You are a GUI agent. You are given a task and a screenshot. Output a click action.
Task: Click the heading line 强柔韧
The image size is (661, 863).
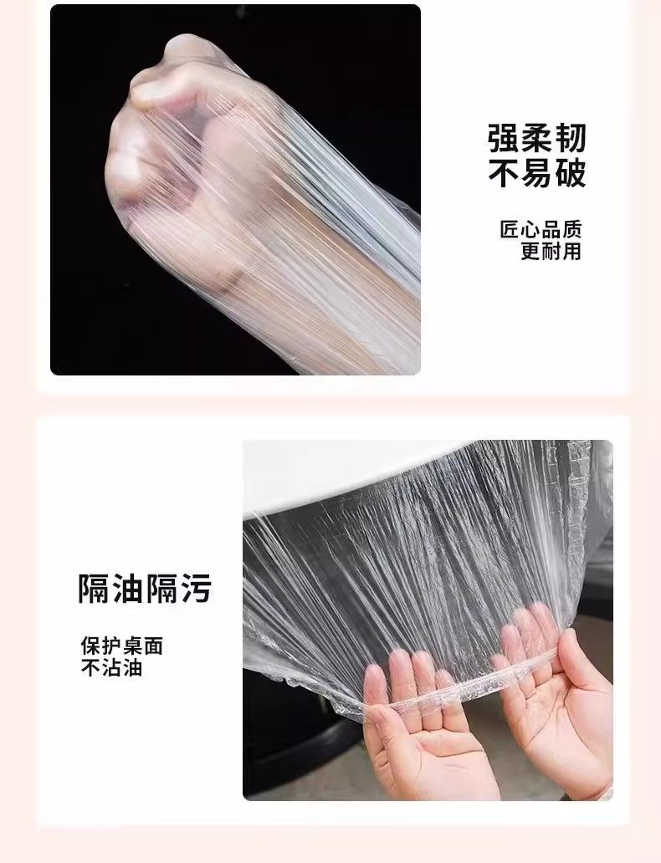(x=536, y=138)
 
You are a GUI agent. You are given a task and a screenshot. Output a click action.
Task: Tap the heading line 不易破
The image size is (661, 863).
(x=536, y=174)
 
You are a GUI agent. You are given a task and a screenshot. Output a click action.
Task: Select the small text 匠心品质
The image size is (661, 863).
(x=541, y=229)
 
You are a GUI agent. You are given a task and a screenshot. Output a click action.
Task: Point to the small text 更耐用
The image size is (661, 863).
(x=551, y=251)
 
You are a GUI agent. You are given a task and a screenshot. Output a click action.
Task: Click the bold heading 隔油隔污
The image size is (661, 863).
(x=144, y=589)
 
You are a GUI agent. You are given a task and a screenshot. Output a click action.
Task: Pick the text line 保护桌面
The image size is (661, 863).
(x=121, y=646)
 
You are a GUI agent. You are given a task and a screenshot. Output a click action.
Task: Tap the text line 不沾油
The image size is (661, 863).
(x=112, y=667)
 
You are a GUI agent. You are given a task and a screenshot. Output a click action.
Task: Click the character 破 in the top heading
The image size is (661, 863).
(x=570, y=174)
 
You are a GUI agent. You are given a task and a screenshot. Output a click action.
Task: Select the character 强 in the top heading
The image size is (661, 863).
(x=504, y=138)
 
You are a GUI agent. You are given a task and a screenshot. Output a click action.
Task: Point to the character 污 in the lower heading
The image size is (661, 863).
(x=195, y=589)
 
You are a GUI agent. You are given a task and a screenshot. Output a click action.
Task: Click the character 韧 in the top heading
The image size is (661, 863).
(x=570, y=138)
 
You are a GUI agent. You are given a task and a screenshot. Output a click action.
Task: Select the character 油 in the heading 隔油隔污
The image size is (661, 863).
(x=128, y=589)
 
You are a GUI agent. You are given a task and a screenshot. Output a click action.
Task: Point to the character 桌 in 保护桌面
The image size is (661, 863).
(x=132, y=646)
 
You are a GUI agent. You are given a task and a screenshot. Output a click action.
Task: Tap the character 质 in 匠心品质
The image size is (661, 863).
(x=571, y=229)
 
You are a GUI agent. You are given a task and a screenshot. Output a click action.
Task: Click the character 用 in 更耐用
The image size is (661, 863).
(x=571, y=251)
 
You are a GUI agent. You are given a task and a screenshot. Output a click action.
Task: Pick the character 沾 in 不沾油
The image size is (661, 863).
(x=112, y=667)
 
